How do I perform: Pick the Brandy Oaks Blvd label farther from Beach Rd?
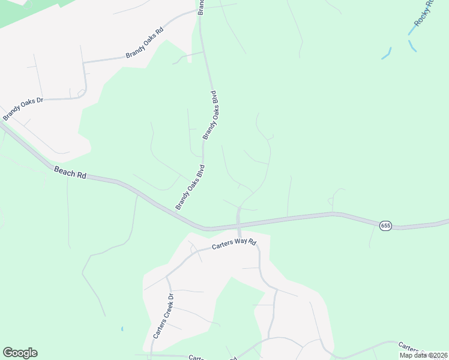(211, 115)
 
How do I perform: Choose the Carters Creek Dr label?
(163, 316)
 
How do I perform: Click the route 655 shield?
(385, 226)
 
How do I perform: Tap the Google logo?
(20, 353)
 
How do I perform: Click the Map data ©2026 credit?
(424, 355)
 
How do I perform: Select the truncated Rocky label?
(423, 15)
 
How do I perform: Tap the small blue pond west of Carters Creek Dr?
(122, 329)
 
